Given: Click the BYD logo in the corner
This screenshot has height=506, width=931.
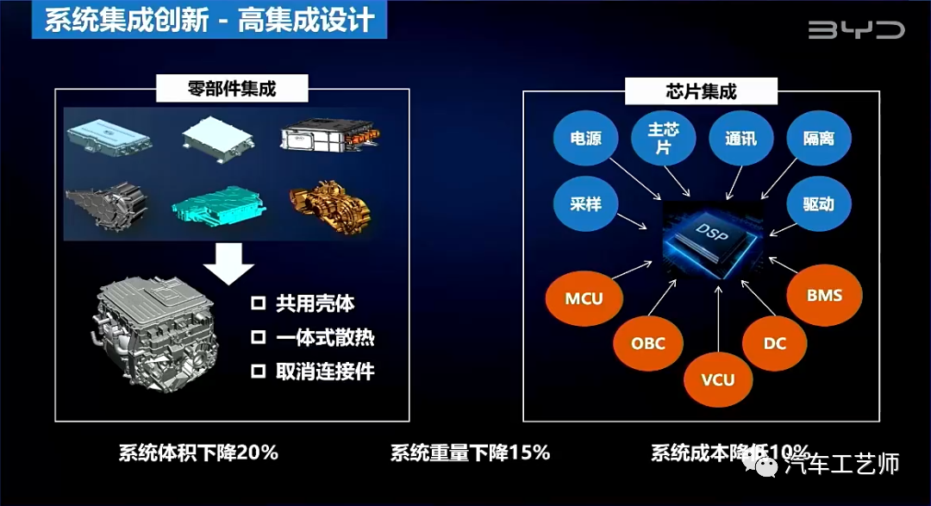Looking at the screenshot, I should (855, 30).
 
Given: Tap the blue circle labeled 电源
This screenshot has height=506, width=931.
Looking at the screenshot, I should (586, 138).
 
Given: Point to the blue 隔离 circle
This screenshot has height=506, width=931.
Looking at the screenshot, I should (816, 138).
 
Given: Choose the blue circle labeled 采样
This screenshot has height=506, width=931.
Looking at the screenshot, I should (586, 204).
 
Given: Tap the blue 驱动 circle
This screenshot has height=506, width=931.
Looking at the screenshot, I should (816, 204).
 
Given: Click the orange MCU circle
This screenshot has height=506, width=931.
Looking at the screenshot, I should (584, 299).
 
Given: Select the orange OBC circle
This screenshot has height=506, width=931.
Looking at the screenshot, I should (648, 343).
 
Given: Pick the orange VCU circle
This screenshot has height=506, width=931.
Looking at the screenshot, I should (718, 380).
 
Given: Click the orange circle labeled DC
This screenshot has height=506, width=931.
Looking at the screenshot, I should (775, 343).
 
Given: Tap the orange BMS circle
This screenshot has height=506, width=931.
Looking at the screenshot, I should (824, 296).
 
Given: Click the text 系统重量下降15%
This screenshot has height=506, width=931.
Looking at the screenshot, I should (470, 453).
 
